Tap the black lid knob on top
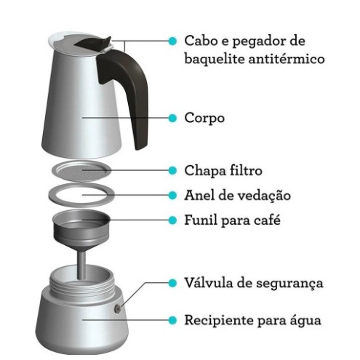(x=93, y=44)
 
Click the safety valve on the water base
(x=118, y=308)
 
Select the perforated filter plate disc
(x=81, y=171)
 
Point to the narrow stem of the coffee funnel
(x=81, y=265)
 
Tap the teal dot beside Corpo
(x=172, y=118)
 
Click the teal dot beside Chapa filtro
(x=172, y=170)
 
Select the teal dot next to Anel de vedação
(x=172, y=196)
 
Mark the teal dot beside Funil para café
(x=172, y=220)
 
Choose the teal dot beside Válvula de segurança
(x=172, y=283)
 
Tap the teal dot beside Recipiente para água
(x=172, y=320)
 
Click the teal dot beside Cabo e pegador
(x=172, y=41)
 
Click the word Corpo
(x=204, y=119)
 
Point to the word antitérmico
(x=287, y=59)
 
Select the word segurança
(x=289, y=284)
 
